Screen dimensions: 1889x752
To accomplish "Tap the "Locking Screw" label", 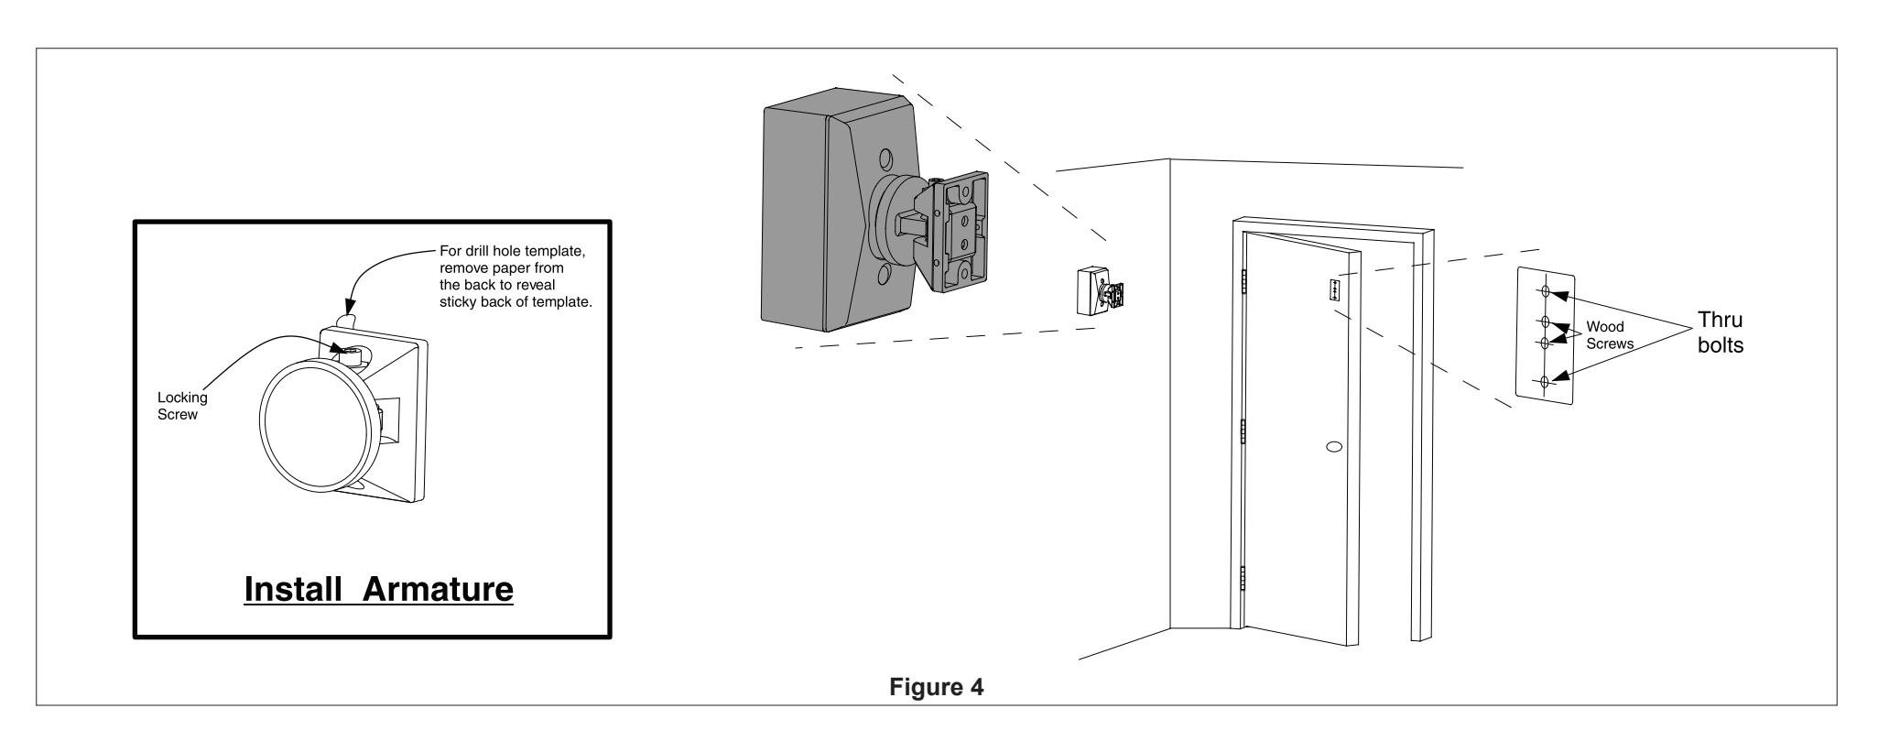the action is point(183,405).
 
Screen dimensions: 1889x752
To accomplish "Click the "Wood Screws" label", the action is point(1610,335).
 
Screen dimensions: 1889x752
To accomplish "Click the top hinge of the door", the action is point(1244,282).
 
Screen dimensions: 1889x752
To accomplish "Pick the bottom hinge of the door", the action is point(1244,580).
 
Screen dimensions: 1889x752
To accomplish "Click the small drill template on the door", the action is point(1334,289).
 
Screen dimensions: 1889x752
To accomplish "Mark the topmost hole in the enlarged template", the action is point(1546,292).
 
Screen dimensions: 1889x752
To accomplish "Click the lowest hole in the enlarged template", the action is point(1545,382).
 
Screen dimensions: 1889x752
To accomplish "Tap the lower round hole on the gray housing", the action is point(884,277).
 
